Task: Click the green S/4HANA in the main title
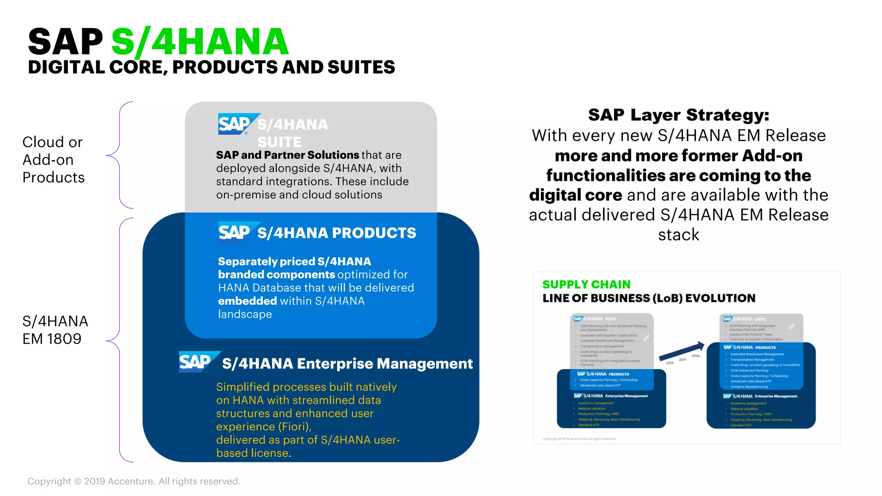point(200,42)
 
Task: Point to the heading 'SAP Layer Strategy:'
point(678,115)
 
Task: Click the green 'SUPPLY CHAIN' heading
point(586,285)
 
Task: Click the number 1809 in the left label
point(65,339)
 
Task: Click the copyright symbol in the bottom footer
point(78,481)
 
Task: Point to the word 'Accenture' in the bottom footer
point(130,481)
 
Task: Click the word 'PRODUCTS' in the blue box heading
point(374,233)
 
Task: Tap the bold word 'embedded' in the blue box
point(247,301)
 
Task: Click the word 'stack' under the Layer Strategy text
point(678,235)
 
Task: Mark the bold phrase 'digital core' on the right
point(575,195)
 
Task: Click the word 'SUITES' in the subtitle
point(361,67)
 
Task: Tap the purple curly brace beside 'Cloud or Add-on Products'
point(120,155)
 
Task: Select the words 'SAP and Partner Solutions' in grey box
point(287,155)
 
